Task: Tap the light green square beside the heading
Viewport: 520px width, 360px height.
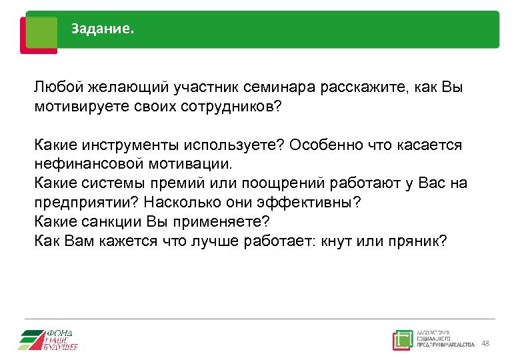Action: coord(41,32)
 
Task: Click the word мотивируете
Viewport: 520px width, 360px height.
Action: coord(77,107)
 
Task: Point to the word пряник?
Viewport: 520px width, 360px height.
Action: coord(417,240)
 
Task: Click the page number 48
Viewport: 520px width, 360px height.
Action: coord(485,343)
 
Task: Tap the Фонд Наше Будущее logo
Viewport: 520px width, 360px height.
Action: coord(47,339)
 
